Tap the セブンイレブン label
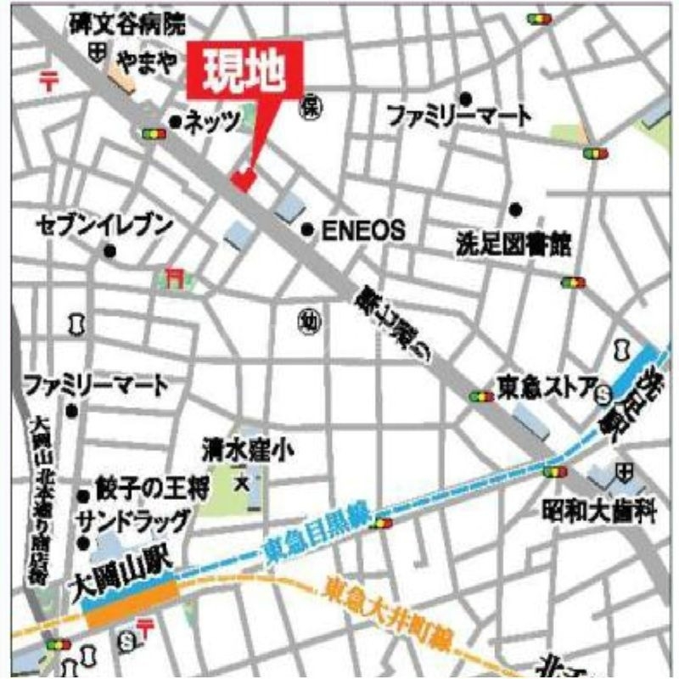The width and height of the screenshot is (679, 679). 105,225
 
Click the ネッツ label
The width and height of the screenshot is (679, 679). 212,122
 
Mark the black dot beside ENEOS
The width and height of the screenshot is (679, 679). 308,229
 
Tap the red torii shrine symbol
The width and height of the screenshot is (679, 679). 176,277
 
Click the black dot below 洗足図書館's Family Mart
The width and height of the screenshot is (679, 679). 514,209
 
